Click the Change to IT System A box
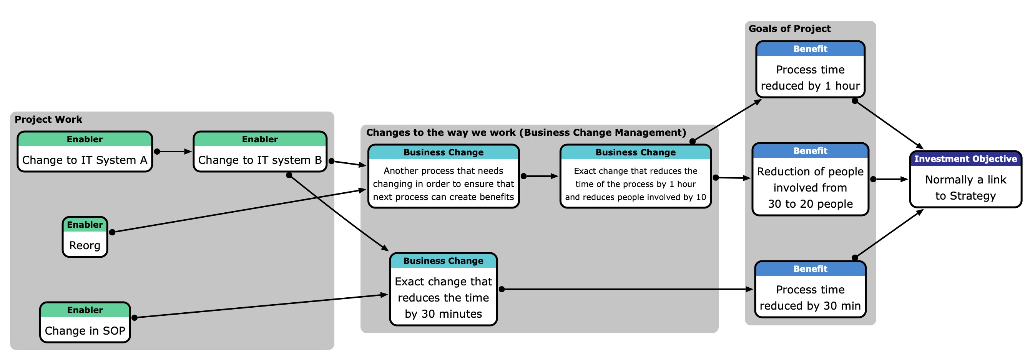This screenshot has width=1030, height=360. point(85,152)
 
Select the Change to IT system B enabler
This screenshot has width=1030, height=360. point(260,152)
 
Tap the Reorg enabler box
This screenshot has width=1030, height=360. point(85,237)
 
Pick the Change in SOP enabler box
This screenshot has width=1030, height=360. point(85,322)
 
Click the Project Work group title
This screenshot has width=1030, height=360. point(48,119)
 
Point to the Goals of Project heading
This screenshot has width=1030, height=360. point(789,29)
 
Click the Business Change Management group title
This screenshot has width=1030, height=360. point(526,132)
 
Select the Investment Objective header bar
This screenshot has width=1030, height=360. point(965,159)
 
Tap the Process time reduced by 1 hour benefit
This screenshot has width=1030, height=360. point(810,70)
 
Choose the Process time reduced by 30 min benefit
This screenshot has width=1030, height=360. point(810,289)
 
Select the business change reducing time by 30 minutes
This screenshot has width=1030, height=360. point(443,289)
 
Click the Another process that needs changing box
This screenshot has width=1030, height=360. point(443,177)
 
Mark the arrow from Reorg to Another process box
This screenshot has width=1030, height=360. point(240,211)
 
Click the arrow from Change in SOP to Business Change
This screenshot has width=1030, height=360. point(260,306)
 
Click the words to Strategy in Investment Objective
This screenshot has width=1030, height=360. point(965,196)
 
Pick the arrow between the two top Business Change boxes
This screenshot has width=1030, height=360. point(540,176)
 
